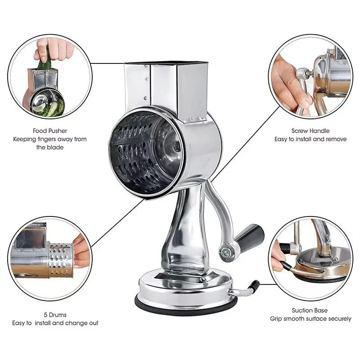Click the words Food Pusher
coord(50,131)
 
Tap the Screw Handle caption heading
coord(310,131)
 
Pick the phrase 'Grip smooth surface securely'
coord(310,319)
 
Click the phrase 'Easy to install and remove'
coord(310,139)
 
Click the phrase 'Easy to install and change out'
coord(55,323)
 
